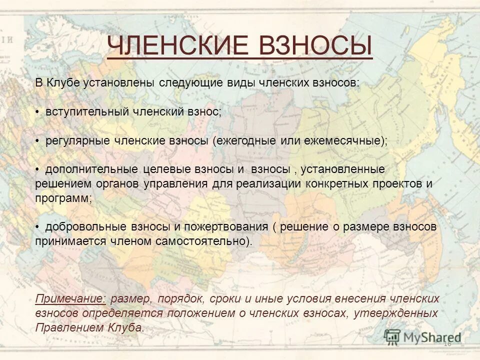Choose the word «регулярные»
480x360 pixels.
77,141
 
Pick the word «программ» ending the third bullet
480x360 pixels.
62,198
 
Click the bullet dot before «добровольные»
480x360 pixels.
38,227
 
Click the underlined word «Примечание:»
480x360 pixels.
70,299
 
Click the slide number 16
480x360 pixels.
447,343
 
